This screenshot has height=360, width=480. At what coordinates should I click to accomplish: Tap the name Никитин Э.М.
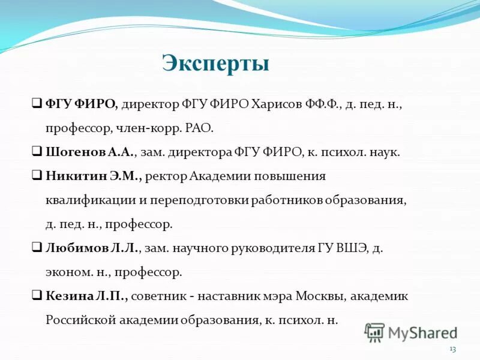93,176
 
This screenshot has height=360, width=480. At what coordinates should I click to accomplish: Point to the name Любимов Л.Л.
92,248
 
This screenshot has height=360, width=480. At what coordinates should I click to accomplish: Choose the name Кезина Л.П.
86,296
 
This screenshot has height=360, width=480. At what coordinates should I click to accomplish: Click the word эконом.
67,272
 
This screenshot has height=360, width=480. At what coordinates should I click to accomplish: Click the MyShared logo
411,332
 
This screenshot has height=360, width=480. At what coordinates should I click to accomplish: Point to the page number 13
452,349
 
